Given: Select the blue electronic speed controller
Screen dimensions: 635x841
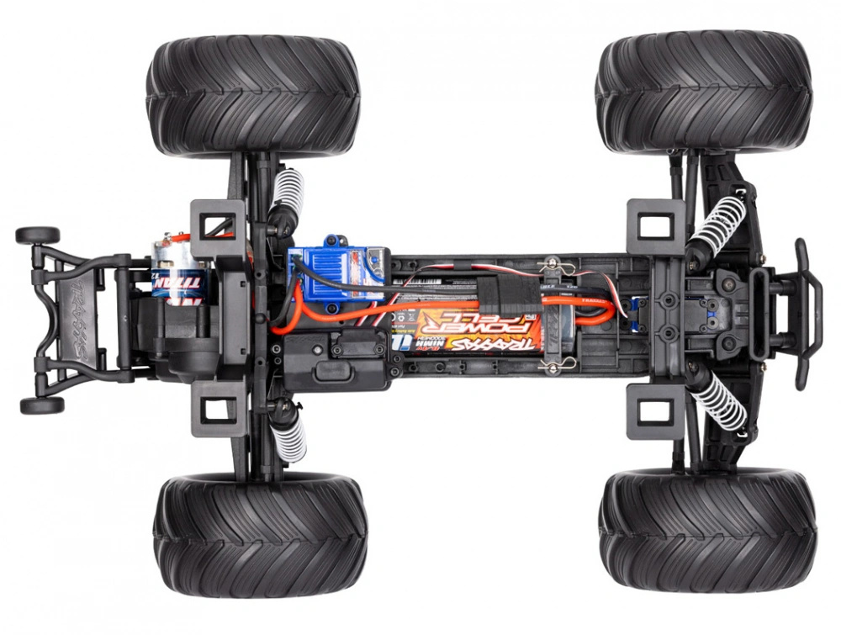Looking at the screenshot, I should click(x=336, y=271).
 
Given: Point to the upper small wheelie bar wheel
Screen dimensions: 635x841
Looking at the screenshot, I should click(x=38, y=235).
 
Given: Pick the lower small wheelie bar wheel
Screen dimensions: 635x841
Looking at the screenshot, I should click(x=41, y=405).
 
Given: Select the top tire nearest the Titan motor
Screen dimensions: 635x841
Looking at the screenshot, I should click(x=252, y=94).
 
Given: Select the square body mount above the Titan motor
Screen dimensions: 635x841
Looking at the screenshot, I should click(x=219, y=225).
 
